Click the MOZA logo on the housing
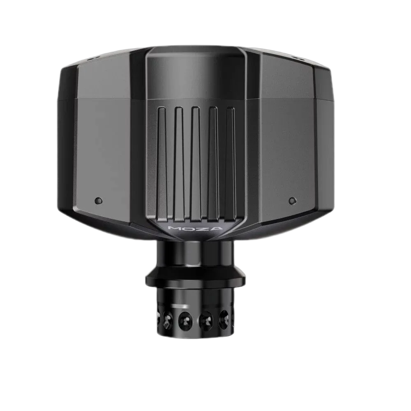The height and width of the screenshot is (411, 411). coord(195,228)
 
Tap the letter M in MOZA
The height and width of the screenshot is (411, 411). coord(174,228)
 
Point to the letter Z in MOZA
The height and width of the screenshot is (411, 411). coord(202,228)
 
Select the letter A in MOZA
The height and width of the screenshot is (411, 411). coord(216,228)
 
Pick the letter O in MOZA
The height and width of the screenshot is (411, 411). coord(188,228)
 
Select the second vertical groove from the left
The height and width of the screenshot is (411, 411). coord(179,163)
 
